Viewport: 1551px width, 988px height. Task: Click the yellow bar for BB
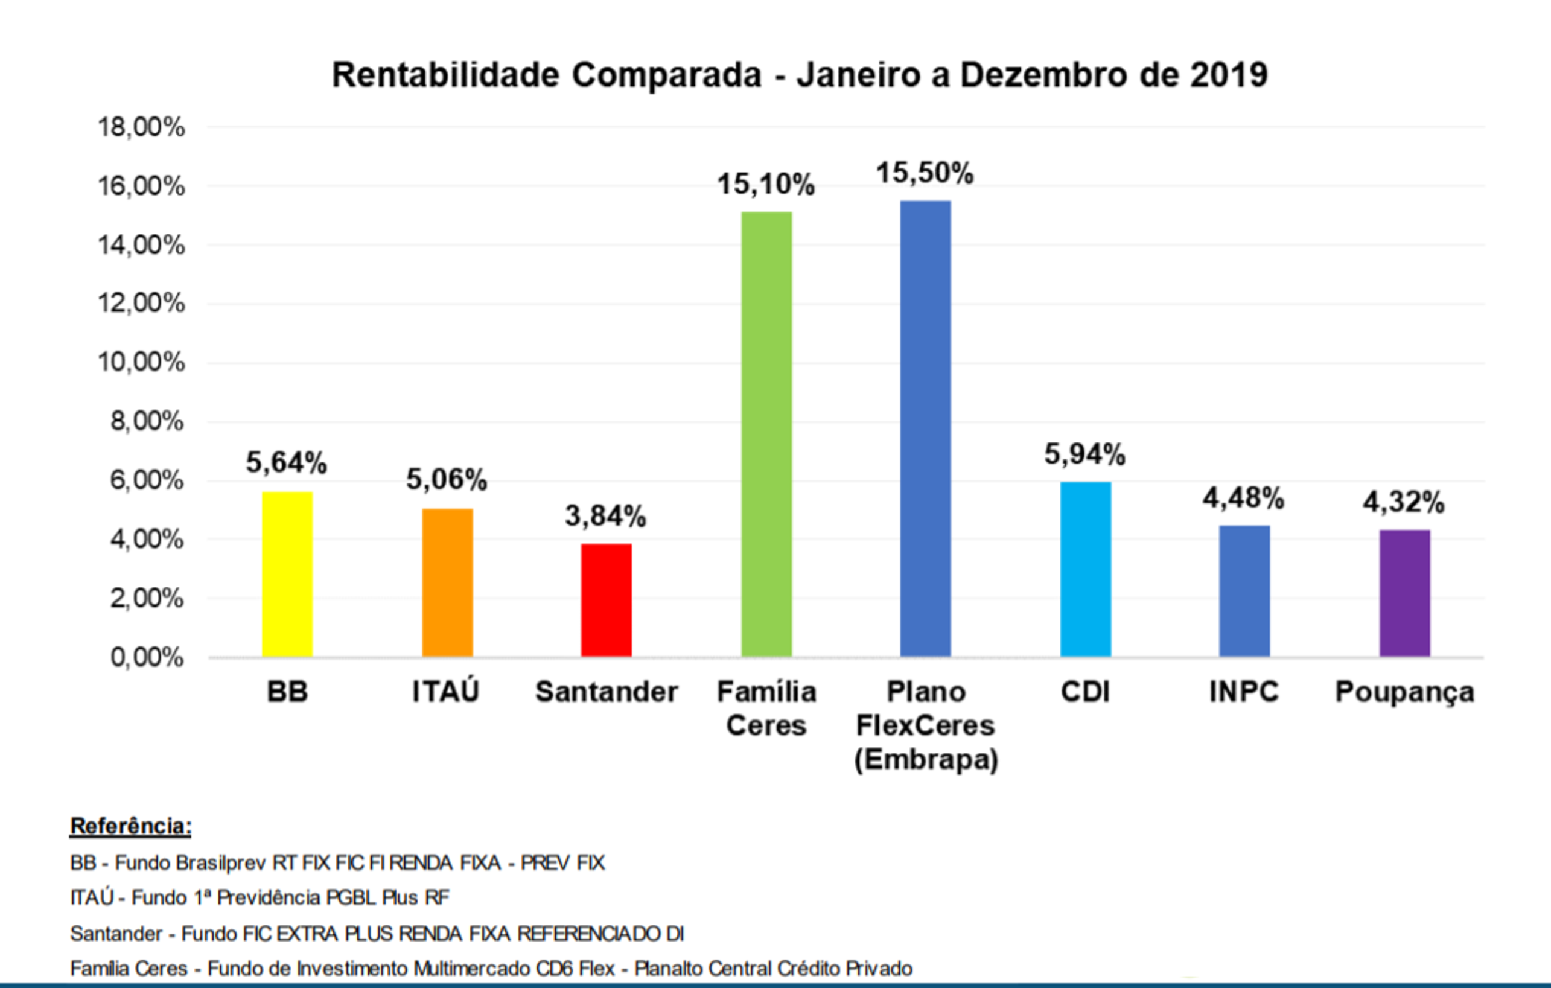click(287, 575)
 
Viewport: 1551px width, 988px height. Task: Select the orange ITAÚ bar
click(447, 583)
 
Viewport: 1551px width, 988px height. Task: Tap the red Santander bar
click(606, 601)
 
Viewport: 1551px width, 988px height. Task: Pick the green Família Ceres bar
click(766, 434)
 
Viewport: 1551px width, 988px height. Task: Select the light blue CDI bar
click(1085, 569)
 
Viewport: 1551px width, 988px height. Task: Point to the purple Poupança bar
click(1404, 593)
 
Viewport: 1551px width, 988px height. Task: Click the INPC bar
click(1244, 591)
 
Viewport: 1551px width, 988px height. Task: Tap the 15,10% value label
click(766, 185)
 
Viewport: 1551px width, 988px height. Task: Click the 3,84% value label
click(605, 516)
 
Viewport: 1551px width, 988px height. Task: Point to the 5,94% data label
click(1084, 454)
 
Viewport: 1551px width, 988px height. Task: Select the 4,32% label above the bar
click(1404, 502)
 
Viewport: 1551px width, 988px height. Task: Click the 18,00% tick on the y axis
click(141, 127)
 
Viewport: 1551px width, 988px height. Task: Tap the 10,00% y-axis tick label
click(141, 362)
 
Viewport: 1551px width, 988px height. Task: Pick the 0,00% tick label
click(147, 658)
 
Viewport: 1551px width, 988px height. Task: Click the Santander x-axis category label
click(606, 692)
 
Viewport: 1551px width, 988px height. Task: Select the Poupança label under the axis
click(1404, 692)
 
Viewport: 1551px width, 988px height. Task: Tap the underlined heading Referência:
click(131, 826)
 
